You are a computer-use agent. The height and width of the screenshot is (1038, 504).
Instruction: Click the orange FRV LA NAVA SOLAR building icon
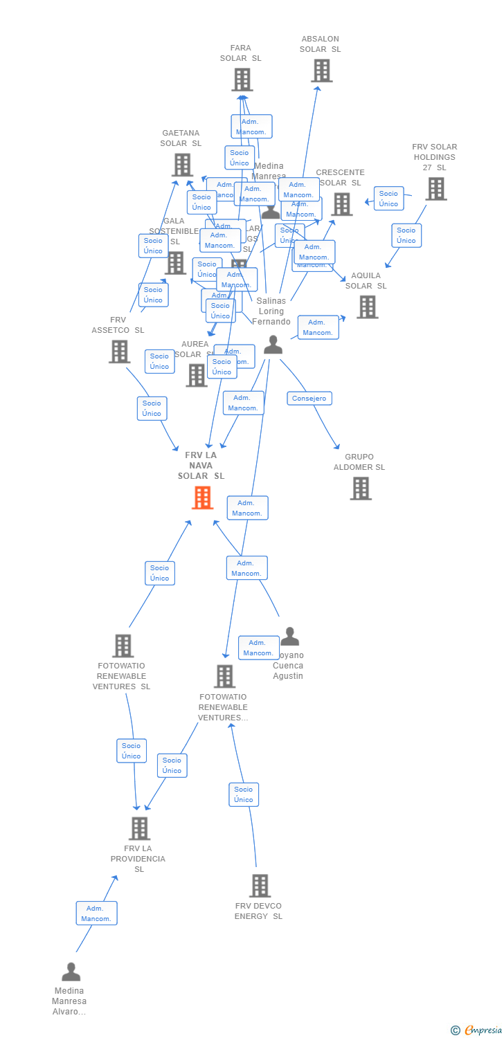[x=202, y=498]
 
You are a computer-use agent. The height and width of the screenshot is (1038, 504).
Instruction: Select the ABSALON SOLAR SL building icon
[x=321, y=71]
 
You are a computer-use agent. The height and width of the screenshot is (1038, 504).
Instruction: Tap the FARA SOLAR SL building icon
[x=242, y=80]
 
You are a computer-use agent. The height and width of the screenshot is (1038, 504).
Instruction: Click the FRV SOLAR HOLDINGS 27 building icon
[x=435, y=188]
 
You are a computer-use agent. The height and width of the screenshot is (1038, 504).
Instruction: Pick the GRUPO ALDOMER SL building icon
[x=360, y=488]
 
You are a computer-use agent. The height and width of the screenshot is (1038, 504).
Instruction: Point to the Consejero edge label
[x=309, y=399]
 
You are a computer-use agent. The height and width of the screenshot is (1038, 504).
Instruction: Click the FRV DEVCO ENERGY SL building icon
[x=260, y=885]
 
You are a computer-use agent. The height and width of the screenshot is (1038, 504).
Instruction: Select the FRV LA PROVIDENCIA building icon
[x=139, y=828]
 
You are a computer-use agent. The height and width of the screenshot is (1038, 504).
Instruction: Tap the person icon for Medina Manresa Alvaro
[x=71, y=972]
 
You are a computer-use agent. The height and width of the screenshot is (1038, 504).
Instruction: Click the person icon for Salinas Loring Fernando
[x=273, y=344]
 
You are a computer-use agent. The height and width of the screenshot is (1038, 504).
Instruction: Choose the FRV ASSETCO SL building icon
[x=119, y=352]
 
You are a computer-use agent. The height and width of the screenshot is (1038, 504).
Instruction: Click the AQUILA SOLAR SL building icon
[x=367, y=307]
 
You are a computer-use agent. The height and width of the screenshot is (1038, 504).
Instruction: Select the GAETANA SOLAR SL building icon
[x=182, y=165]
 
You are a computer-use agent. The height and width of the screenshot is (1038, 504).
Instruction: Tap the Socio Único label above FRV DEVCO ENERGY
[x=244, y=794]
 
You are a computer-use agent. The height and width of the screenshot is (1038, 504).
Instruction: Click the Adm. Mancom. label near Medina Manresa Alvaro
[x=96, y=913]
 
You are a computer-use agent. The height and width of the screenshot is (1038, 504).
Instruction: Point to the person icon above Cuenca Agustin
[x=289, y=636]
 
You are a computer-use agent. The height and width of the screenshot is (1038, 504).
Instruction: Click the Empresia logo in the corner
[x=477, y=1030]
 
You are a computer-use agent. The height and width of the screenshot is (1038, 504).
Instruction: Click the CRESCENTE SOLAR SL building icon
[x=342, y=204]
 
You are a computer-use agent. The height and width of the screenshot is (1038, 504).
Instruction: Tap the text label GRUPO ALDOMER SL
[x=359, y=462]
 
